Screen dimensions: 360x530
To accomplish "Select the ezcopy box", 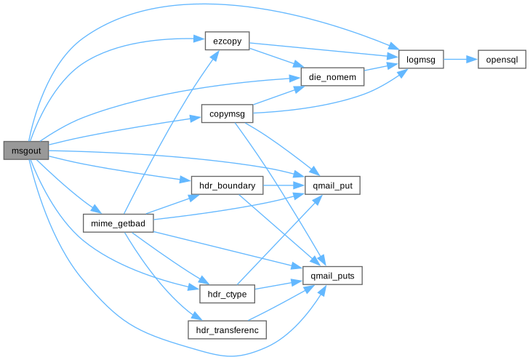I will pos(228,41).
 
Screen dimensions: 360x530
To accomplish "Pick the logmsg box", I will pos(421,60).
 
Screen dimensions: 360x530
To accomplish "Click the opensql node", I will pos(501,60).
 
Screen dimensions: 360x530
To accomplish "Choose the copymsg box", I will pos(226,114).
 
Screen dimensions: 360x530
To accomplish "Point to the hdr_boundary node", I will pos(226,185).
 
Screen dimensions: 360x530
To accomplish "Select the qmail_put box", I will pos(332,185).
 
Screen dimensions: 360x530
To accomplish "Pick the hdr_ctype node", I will pos(226,294).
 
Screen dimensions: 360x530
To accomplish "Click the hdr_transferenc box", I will pos(228,329).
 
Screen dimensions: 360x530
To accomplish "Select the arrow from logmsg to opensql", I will pos(460,60).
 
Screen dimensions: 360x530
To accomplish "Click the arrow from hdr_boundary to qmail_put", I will pos(284,185).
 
